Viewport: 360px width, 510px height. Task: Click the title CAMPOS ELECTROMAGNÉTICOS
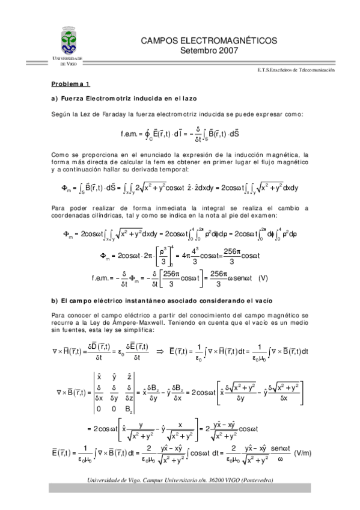tap(209, 41)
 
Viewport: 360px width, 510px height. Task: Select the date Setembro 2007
tap(209, 51)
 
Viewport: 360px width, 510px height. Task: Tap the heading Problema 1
tap(70, 84)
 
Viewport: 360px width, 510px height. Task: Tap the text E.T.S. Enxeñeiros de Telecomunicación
tap(295, 70)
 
